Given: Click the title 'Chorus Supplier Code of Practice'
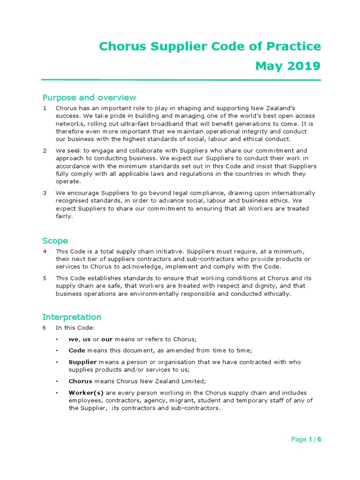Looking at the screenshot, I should tap(210, 46).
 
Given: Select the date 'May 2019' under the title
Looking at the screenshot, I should tap(288, 66).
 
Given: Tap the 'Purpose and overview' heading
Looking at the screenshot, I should tap(89, 97).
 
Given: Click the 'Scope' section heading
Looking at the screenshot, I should tap(55, 240).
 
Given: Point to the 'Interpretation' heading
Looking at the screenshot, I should tap(71, 317).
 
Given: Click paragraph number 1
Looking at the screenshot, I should tap(45, 108).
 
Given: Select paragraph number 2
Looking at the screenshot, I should tap(45, 150).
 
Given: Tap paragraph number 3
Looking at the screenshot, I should tap(45, 193).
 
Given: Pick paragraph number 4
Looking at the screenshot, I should tap(45, 251).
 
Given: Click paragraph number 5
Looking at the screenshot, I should tap(45, 278).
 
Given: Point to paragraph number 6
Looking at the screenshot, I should tap(45, 328).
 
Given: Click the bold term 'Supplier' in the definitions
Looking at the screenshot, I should tap(82, 362).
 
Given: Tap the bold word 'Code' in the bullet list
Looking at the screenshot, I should tap(76, 351).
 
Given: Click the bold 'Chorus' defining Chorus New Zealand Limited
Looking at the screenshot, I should tap(80, 381).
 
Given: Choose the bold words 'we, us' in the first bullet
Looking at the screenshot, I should tap(80, 339).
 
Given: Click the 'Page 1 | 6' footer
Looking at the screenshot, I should tap(306, 439).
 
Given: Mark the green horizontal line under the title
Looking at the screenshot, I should tap(181, 80).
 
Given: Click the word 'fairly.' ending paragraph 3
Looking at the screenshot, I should tap(65, 217).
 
